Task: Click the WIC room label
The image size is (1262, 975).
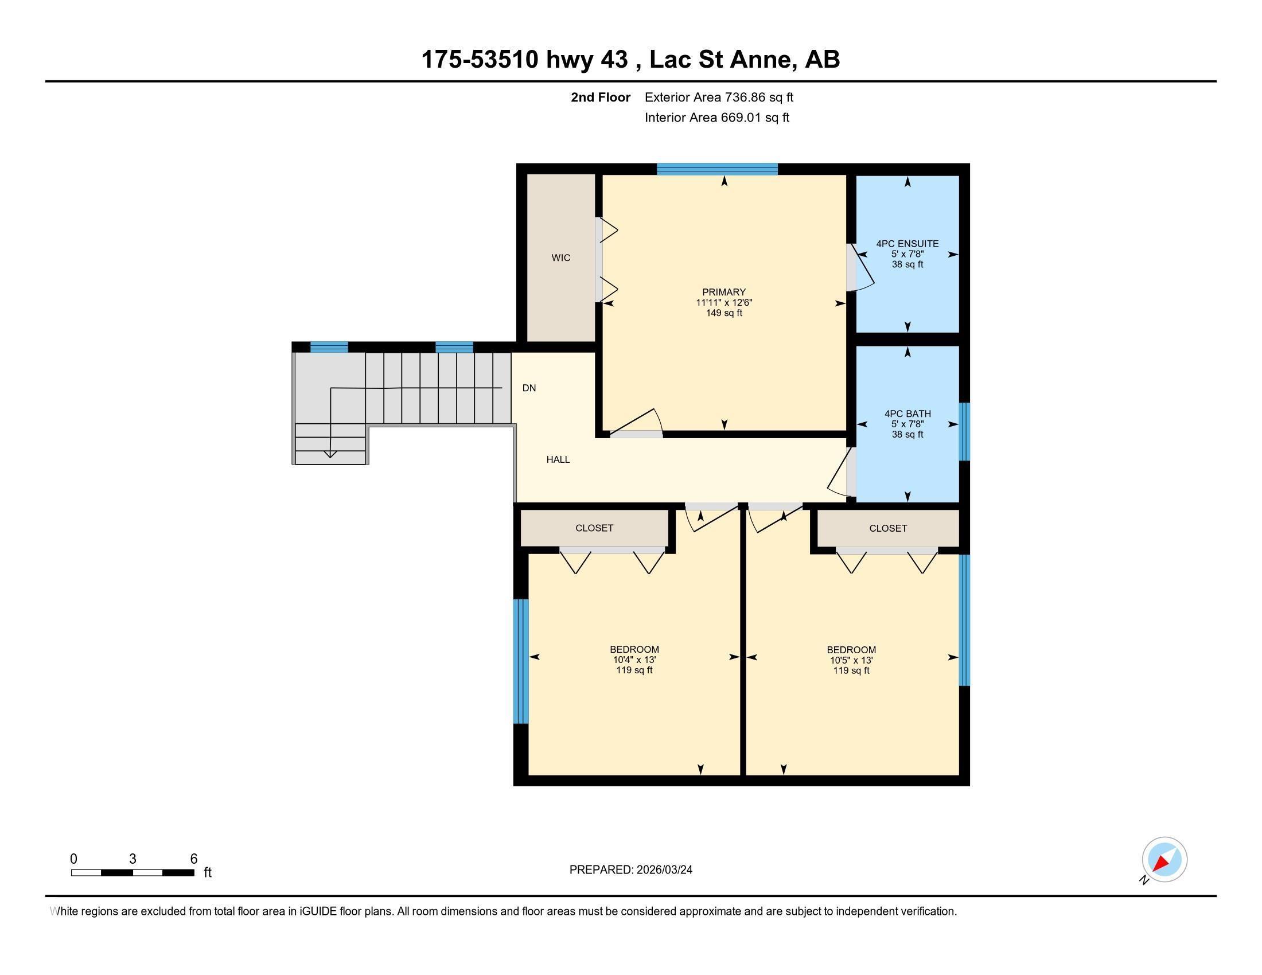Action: [560, 258]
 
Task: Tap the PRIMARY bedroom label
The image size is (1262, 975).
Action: [723, 292]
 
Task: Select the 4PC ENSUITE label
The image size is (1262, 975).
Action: [907, 244]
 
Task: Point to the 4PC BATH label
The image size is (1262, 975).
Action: [907, 414]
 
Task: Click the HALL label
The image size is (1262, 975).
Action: [558, 460]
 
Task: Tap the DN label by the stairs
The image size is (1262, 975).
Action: [529, 388]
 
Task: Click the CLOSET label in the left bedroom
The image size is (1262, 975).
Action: [594, 528]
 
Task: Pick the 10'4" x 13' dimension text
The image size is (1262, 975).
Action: [634, 660]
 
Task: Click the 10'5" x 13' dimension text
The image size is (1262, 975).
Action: [851, 660]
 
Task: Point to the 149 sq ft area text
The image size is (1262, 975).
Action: [723, 313]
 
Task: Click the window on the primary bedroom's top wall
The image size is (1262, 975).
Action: [716, 169]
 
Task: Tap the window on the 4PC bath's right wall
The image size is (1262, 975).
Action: [964, 431]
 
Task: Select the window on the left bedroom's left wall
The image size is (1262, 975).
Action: [521, 661]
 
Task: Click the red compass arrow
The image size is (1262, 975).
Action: [1160, 863]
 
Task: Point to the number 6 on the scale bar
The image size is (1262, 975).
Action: [193, 859]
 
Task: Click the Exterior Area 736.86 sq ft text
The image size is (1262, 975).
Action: [718, 97]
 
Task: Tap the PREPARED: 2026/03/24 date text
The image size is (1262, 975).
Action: [630, 870]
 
